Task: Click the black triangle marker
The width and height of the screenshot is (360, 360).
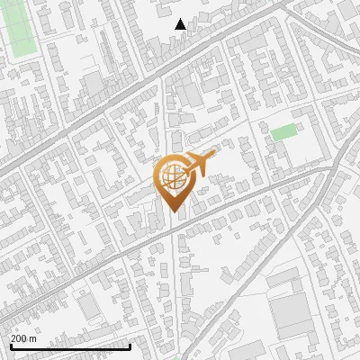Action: click(181, 24)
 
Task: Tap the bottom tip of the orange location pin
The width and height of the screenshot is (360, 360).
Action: click(173, 212)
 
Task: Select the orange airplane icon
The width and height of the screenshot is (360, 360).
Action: click(200, 165)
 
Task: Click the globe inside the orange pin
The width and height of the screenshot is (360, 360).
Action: click(172, 176)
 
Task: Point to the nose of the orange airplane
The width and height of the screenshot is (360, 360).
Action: click(216, 155)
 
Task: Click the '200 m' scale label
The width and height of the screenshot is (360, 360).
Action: click(23, 338)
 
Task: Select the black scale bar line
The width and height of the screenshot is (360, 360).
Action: click(70, 346)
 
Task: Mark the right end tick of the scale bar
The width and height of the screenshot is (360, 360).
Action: click(130, 346)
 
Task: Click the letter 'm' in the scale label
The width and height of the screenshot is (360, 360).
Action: click(32, 338)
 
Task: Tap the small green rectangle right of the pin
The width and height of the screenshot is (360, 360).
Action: click(283, 132)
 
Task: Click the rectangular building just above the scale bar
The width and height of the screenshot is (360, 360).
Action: click(90, 308)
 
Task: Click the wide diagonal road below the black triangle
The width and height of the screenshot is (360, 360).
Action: click(135, 85)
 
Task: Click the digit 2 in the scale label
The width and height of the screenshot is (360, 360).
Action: click(13, 338)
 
